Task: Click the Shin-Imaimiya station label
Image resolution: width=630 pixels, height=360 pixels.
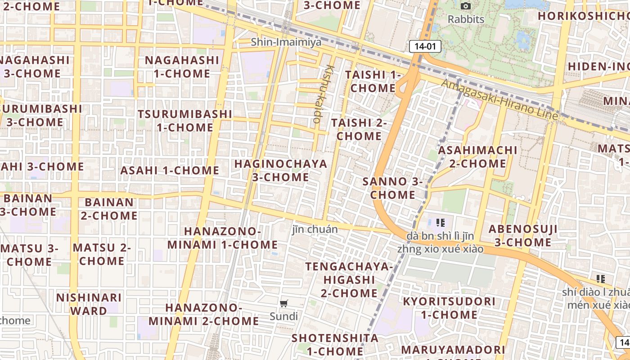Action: click(x=286, y=42)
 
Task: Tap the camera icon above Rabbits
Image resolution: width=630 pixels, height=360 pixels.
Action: click(x=466, y=6)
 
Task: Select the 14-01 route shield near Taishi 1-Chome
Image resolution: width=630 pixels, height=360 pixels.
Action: click(x=425, y=46)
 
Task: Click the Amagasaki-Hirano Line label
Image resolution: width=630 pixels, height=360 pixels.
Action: click(x=499, y=100)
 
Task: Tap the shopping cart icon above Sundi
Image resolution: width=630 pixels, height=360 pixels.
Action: click(x=283, y=304)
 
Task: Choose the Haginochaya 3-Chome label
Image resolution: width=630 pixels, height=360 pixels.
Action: click(x=281, y=170)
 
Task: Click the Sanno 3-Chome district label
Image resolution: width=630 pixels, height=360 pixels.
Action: click(x=392, y=188)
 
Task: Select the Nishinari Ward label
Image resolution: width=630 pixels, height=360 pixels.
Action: click(x=89, y=304)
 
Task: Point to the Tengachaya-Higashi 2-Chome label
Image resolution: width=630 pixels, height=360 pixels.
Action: click(x=349, y=279)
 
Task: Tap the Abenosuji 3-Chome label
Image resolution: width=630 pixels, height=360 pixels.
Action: click(x=523, y=235)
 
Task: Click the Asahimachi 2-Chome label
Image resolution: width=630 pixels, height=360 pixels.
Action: click(x=477, y=156)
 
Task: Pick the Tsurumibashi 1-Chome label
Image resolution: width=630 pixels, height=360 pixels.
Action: click(x=185, y=120)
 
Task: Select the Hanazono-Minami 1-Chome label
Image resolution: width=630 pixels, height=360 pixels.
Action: click(x=223, y=238)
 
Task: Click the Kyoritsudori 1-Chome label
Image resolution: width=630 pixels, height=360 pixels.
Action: click(x=449, y=308)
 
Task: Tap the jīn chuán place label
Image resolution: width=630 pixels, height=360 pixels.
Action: click(x=315, y=229)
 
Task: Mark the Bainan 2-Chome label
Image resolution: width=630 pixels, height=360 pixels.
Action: click(x=109, y=209)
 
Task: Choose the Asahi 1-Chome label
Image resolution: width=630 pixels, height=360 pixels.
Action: click(x=170, y=170)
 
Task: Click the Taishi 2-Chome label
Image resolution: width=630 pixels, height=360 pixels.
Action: click(x=359, y=129)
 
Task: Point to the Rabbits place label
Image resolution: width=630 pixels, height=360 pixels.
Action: click(x=466, y=19)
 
